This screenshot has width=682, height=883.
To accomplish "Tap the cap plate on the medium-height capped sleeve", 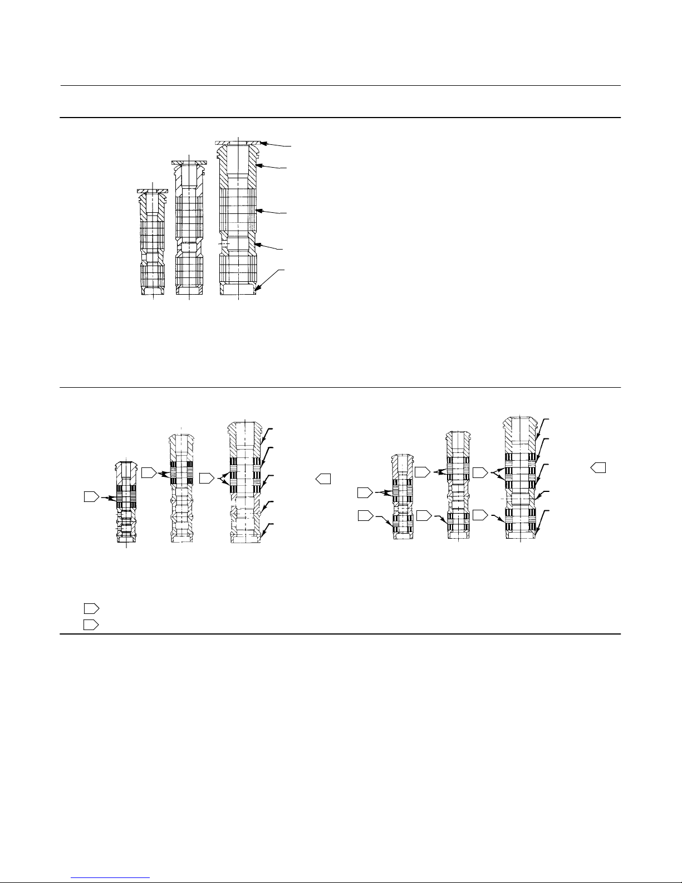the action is (x=189, y=162).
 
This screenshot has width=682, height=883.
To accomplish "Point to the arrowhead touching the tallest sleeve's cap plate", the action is (x=263, y=144).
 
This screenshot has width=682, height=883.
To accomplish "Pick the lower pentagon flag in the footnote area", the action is (x=91, y=624).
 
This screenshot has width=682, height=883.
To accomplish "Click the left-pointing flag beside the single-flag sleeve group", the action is (x=323, y=478).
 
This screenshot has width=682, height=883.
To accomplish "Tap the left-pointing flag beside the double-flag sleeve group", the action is (x=598, y=467).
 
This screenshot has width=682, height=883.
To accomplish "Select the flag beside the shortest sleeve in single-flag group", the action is (x=91, y=496).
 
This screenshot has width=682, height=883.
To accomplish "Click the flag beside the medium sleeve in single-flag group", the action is (x=149, y=472).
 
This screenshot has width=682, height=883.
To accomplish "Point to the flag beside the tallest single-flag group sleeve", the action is (x=207, y=478).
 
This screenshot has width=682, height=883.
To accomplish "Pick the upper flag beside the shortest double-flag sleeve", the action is (x=365, y=492).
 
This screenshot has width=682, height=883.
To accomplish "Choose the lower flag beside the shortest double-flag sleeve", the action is (x=365, y=515).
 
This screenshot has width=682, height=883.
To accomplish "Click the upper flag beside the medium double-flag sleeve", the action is (x=423, y=472).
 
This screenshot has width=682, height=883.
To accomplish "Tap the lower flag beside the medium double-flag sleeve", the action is (x=424, y=515).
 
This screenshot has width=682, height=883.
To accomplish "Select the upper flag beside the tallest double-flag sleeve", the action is (x=480, y=472).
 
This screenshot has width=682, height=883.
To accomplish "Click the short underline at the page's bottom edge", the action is (x=111, y=878).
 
